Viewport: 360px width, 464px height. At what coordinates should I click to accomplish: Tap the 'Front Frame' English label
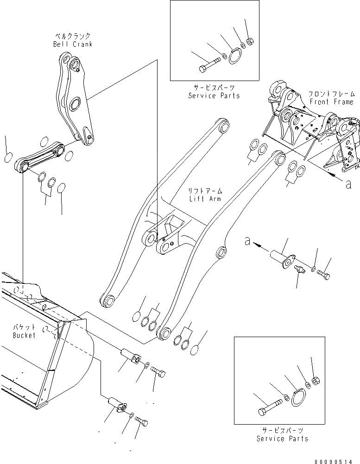tap(332, 102)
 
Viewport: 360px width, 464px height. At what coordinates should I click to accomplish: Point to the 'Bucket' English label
tap(24, 335)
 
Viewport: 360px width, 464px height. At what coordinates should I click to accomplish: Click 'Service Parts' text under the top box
tap(214, 95)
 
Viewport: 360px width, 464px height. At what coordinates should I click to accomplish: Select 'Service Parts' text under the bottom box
tap(282, 438)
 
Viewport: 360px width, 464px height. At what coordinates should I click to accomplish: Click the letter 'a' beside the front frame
tap(348, 184)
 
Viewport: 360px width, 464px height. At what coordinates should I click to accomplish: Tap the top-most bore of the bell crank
tap(67, 60)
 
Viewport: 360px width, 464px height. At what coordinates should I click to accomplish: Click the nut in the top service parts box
tap(250, 41)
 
